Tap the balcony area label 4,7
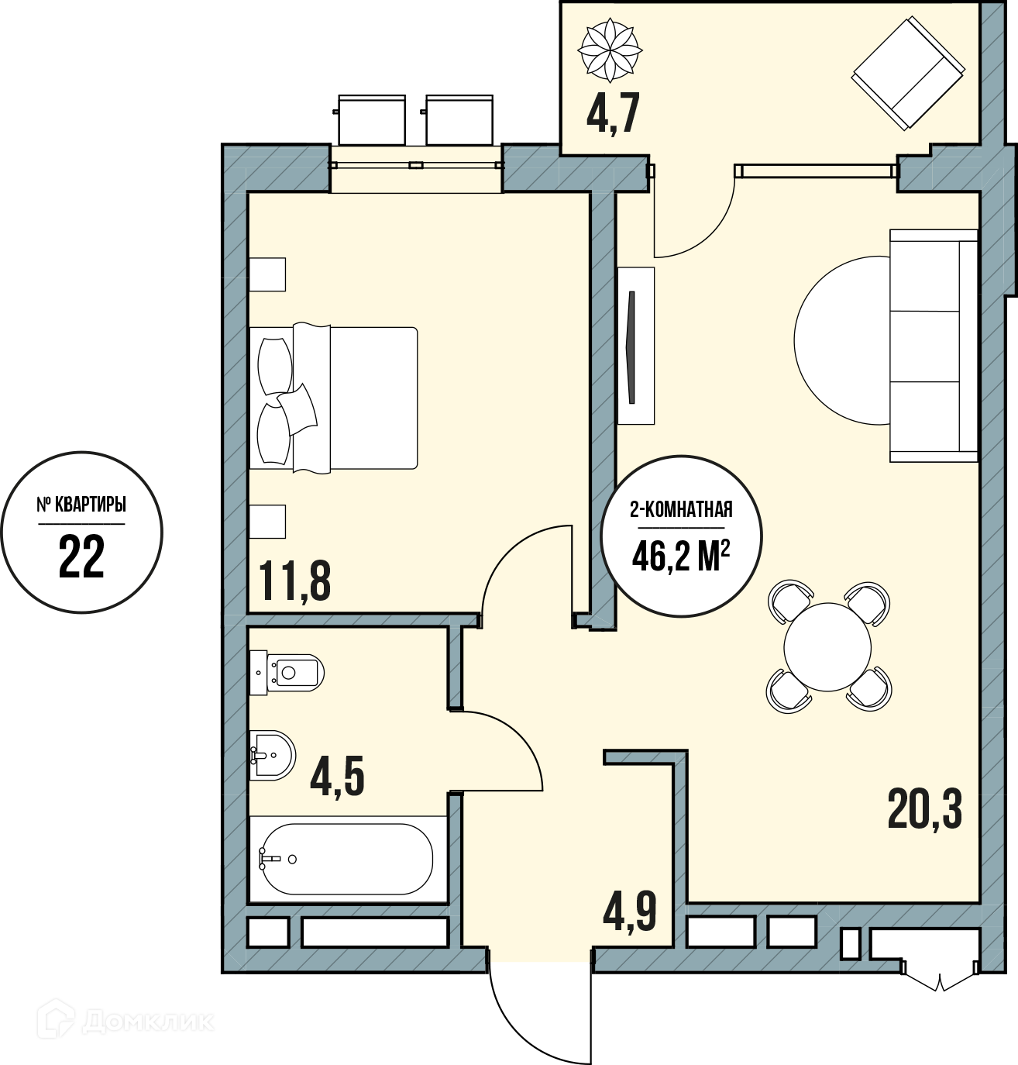[613, 113]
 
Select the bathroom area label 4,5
[337, 776]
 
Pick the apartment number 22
[81, 557]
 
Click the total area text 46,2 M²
[681, 556]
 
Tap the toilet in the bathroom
[287, 673]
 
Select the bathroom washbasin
[273, 755]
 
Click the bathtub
[348, 860]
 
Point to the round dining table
[827, 646]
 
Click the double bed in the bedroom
[333, 398]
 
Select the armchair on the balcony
[908, 73]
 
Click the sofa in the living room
[934, 346]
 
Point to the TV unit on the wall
[635, 346]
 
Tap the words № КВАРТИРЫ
[81, 505]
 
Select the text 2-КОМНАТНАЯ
[681, 510]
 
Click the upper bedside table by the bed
[267, 274]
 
